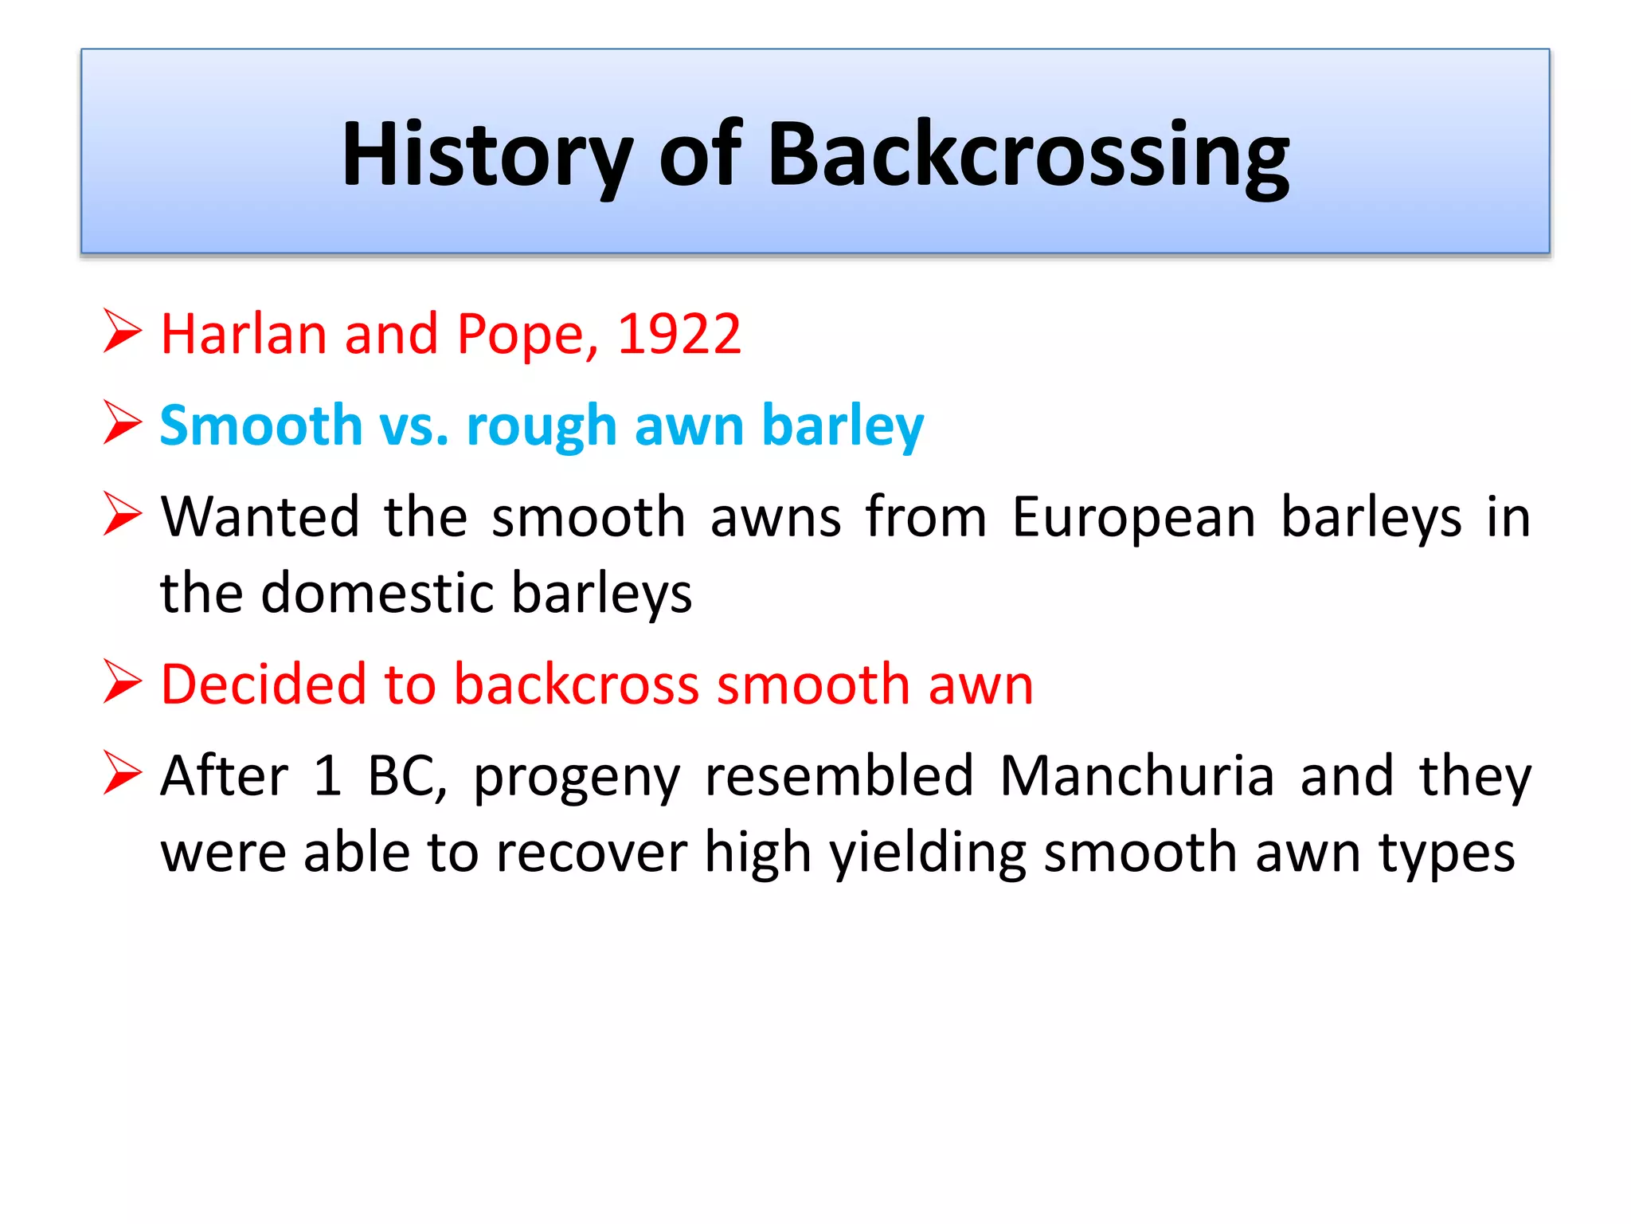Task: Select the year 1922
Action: (x=679, y=334)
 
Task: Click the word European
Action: (x=1134, y=517)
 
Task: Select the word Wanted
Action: (x=260, y=517)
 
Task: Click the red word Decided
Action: (x=260, y=685)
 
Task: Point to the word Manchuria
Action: (x=1136, y=776)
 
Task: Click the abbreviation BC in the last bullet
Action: (x=406, y=776)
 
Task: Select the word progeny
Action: (x=577, y=778)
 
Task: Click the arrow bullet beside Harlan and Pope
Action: (x=123, y=331)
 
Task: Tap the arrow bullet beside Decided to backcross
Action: (x=123, y=683)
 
